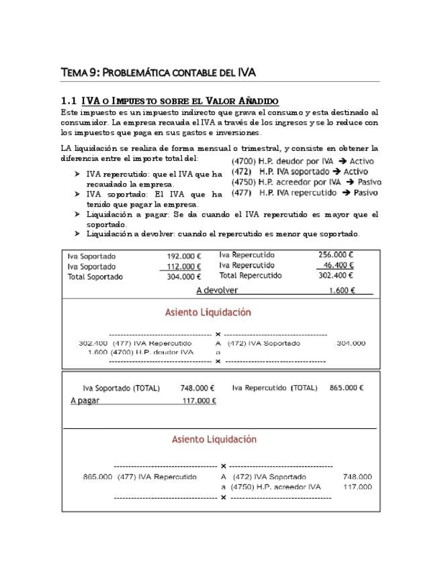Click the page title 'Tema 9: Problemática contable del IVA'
click(158, 72)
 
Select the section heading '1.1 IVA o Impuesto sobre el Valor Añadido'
click(169, 101)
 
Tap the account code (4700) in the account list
click(243, 161)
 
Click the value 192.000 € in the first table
click(183, 256)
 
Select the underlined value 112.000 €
click(183, 266)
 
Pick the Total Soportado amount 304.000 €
click(183, 276)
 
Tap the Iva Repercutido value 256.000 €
click(335, 255)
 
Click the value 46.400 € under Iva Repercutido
click(338, 265)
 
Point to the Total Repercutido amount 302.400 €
click(335, 275)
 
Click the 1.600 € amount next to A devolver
click(342, 291)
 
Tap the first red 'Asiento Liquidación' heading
click(208, 312)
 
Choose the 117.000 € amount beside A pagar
click(199, 401)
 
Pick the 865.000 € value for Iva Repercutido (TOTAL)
click(346, 388)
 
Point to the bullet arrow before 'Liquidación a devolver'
click(77, 234)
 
